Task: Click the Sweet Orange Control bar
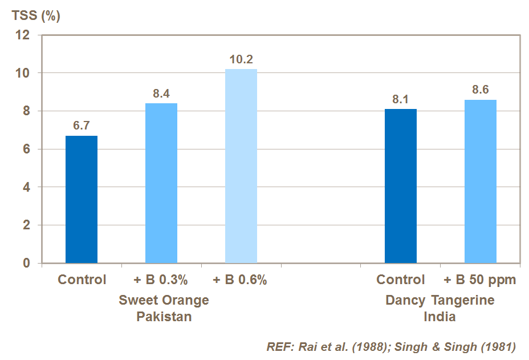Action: tap(82, 200)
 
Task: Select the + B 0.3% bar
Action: tap(161, 183)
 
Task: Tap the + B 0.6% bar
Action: tap(241, 166)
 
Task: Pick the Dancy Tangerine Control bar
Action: tap(401, 186)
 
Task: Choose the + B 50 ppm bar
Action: tap(481, 181)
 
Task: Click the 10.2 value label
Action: tap(241, 59)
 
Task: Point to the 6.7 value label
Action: tap(82, 126)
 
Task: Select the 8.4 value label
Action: tap(161, 94)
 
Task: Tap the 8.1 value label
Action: tap(401, 99)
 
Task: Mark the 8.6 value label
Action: tap(481, 90)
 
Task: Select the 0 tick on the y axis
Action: tap(26, 263)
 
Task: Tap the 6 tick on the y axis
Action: tap(26, 149)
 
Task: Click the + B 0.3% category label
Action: tap(161, 280)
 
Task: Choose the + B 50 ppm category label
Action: tap(480, 280)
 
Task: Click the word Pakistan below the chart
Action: tap(164, 317)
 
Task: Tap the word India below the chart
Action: tap(439, 317)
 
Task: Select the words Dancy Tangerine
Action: tap(440, 300)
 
